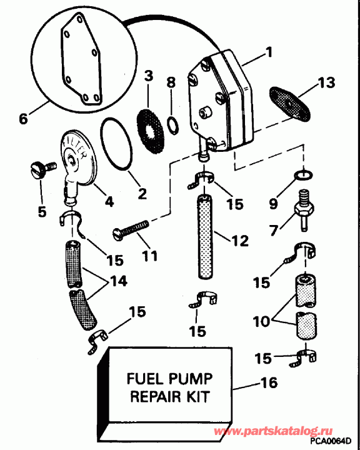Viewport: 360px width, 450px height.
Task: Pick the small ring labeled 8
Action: click(x=171, y=126)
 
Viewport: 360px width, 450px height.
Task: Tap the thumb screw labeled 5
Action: click(x=41, y=169)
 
